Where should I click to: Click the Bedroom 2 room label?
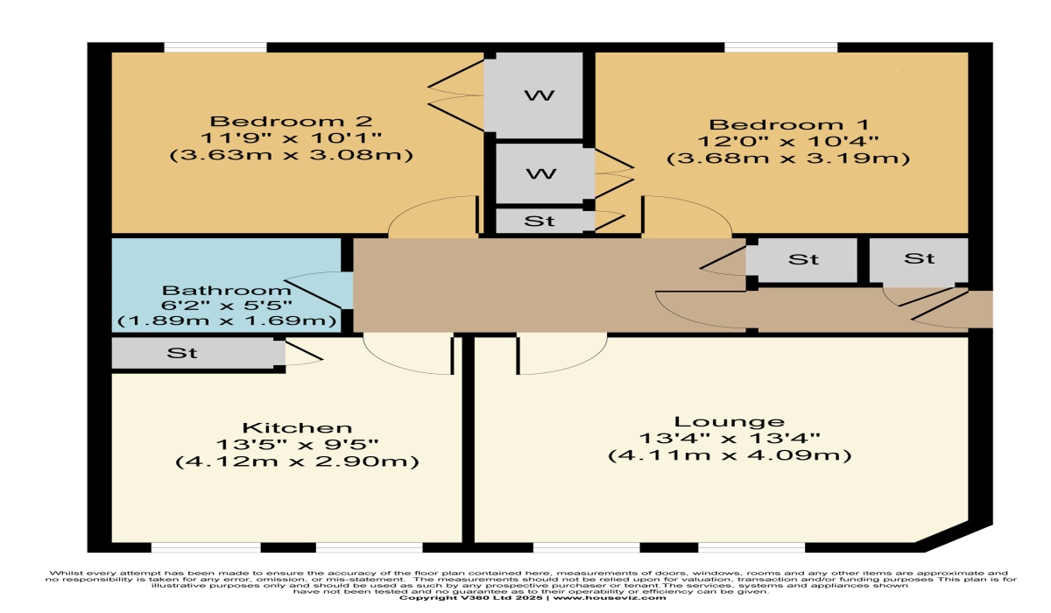pos(293,121)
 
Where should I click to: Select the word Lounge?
pos(729,421)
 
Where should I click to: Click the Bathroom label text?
pos(227,290)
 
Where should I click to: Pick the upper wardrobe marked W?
pos(539,95)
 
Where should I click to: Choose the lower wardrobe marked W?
pos(539,173)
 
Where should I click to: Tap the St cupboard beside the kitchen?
pos(182,353)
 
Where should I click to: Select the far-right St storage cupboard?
pos(919,259)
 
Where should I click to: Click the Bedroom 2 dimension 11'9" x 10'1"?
pos(293,137)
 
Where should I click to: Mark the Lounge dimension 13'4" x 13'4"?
pos(729,439)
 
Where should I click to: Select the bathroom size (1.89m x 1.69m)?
pos(227,321)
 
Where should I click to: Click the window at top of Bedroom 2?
pos(215,47)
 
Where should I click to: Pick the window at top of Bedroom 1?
pos(780,47)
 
